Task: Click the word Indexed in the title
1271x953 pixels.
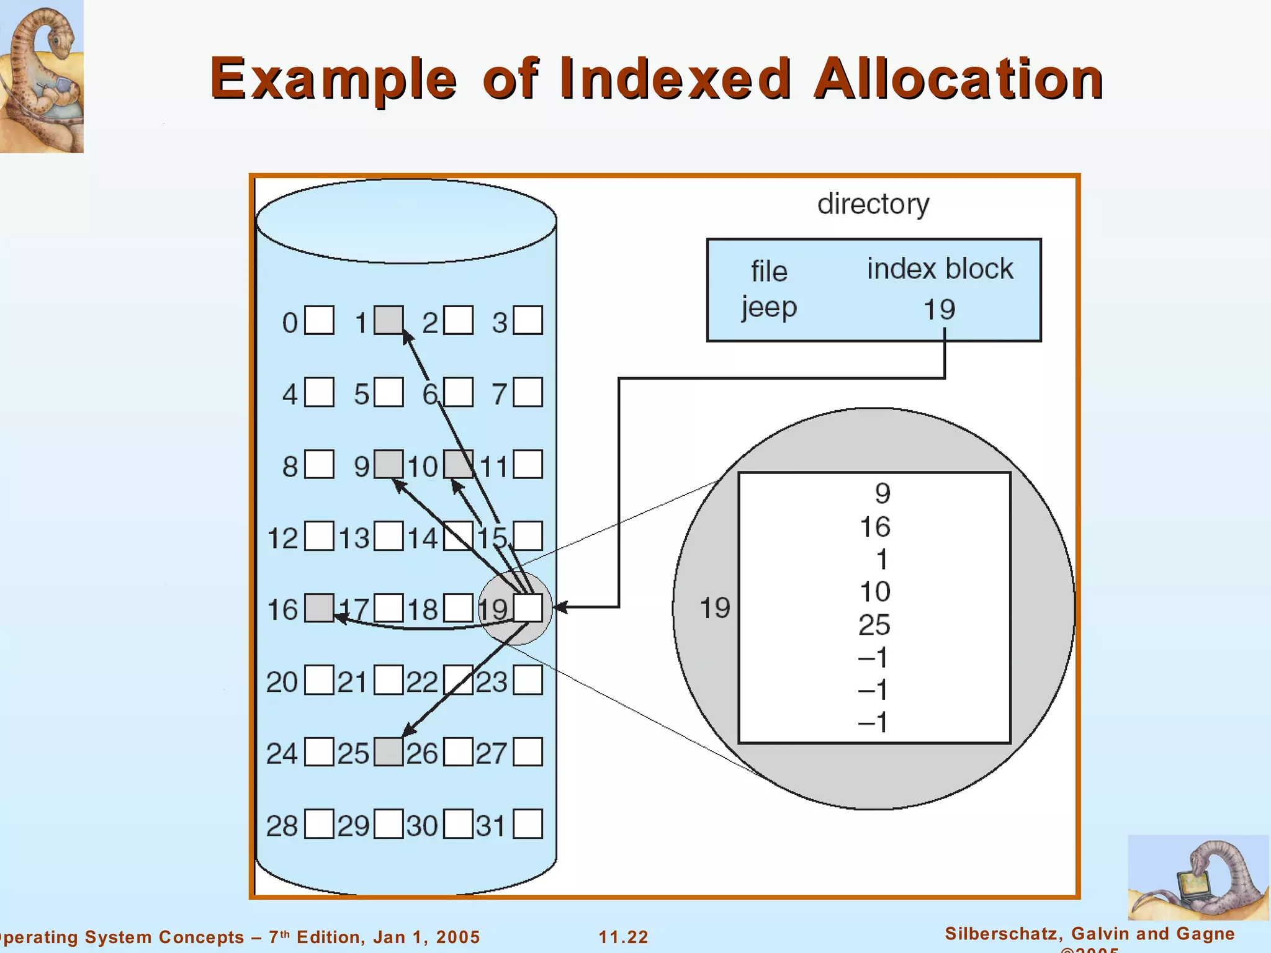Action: coord(675,79)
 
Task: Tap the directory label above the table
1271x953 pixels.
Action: coord(873,204)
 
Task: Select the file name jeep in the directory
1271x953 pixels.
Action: coord(769,308)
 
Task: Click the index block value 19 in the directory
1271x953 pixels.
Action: coord(939,310)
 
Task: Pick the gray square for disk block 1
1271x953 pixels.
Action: coord(388,320)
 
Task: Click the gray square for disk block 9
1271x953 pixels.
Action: coord(388,464)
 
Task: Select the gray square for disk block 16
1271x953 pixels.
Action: coord(319,608)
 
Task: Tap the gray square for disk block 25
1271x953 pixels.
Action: coord(388,752)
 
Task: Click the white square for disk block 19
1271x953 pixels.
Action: coord(528,608)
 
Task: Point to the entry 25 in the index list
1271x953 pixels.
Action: coord(874,625)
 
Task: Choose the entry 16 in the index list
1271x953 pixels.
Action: coord(875,527)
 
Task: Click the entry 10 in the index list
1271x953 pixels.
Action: coord(875,592)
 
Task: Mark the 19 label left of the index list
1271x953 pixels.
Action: coord(715,608)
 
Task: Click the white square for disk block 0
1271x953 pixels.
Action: coord(319,320)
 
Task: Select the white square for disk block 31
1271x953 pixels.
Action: coord(528,824)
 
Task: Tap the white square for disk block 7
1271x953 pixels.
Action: coord(528,392)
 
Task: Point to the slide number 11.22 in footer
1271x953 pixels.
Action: coord(623,937)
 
